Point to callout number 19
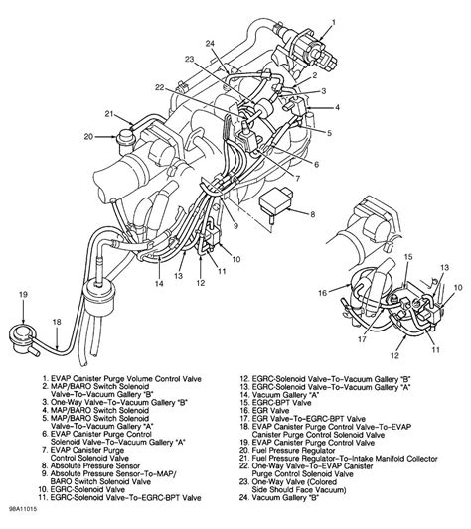pyautogui.click(x=22, y=295)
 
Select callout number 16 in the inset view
pyautogui.click(x=320, y=294)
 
